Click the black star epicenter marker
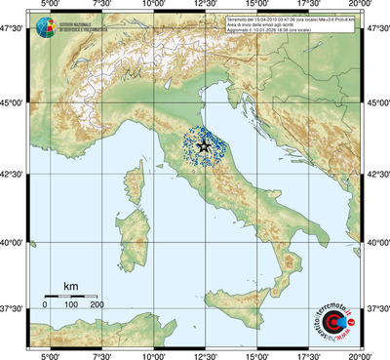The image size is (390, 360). coord(204,146)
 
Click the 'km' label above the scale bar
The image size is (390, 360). coord(70,286)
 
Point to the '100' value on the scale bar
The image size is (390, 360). coord(71,305)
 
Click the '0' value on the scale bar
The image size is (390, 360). coord(45,305)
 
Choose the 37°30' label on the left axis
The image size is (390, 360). coord(13,308)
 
